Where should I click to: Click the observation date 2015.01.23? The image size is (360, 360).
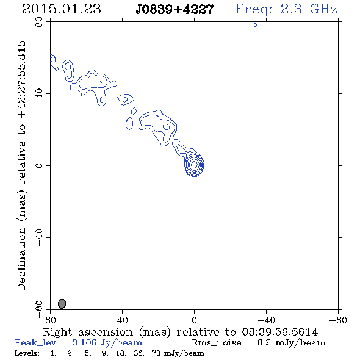[x=62, y=9]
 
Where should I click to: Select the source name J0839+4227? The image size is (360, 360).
[x=175, y=9]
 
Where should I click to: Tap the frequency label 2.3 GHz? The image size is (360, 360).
[x=309, y=9]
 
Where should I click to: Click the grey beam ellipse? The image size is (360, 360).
[x=62, y=303]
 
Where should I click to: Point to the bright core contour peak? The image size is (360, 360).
[x=194, y=164]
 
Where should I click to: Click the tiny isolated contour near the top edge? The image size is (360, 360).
[x=255, y=25]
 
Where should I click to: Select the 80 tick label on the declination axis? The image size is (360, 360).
[x=39, y=22]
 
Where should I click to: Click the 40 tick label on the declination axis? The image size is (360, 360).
[x=39, y=94]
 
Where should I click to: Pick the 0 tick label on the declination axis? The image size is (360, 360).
[x=39, y=165]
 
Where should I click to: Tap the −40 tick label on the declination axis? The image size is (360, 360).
[x=39, y=237]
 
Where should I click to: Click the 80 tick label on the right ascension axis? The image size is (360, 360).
[x=50, y=320]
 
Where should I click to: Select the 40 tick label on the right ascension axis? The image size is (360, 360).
[x=122, y=320]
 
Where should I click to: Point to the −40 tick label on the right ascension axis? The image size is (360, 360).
[x=266, y=320]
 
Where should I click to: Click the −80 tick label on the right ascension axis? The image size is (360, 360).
[x=338, y=320]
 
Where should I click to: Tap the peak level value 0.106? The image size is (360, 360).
[x=84, y=342]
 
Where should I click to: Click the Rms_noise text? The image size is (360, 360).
[x=220, y=343]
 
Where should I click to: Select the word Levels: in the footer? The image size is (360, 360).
[x=27, y=353]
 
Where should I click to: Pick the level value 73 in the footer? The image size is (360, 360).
[x=156, y=353]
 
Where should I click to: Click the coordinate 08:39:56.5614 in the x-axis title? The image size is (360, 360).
[x=280, y=332]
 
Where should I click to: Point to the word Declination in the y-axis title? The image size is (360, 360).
[x=21, y=259]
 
